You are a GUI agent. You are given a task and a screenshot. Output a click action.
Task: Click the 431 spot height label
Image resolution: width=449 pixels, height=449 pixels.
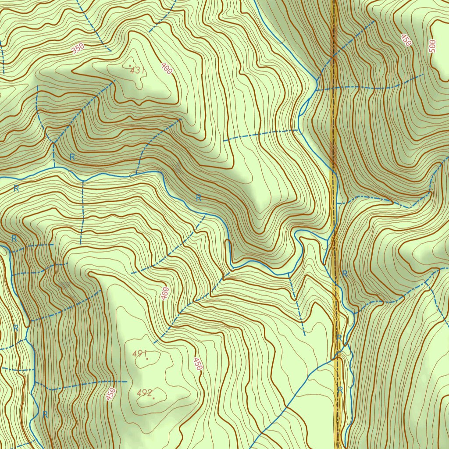(138, 70)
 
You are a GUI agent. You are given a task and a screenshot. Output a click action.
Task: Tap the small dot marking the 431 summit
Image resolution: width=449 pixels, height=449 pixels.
(130, 66)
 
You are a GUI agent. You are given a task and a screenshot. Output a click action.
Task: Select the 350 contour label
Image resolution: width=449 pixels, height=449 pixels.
(77, 48)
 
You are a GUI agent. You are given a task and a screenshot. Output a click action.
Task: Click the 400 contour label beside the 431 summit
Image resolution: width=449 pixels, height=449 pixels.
(167, 68)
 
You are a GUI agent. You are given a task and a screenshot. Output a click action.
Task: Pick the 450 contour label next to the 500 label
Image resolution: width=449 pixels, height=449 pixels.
(406, 40)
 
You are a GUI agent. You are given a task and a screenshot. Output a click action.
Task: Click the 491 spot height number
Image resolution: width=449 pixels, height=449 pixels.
(139, 353)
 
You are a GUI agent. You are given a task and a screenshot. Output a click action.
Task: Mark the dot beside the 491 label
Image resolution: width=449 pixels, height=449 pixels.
(147, 359)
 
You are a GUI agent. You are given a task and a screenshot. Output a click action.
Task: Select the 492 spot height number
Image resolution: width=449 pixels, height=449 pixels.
(143, 392)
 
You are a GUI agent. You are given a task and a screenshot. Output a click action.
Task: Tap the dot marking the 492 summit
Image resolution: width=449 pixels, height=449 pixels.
(153, 398)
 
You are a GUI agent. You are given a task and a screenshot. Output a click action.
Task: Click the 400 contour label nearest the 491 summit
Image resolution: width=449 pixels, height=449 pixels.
(165, 293)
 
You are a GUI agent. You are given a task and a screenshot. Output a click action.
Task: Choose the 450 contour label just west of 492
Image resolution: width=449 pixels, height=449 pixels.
(111, 394)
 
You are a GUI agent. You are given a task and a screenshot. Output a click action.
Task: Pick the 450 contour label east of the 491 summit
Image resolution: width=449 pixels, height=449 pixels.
(197, 364)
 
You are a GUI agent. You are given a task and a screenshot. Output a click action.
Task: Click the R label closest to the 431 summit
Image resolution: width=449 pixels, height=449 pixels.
(72, 157)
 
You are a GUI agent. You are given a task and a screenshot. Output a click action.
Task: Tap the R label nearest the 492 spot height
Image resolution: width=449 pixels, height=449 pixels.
(45, 414)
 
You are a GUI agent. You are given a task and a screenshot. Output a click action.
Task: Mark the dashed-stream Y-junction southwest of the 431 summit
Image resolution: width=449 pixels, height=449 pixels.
(53, 143)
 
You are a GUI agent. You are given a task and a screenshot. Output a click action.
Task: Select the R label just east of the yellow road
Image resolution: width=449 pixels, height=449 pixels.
(345, 274)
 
